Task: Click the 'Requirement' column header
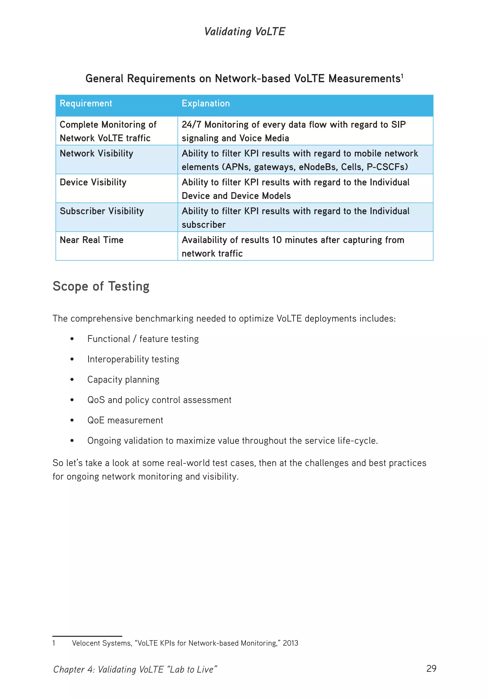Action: coord(86,103)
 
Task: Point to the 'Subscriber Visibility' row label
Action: coord(102,211)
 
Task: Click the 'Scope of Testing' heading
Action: coord(101,286)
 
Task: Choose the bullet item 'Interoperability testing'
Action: coord(133,359)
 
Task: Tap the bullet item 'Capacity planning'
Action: coord(123,380)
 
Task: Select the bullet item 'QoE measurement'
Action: coord(125,420)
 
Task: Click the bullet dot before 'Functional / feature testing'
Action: coord(72,339)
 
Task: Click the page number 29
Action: coord(431,668)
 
